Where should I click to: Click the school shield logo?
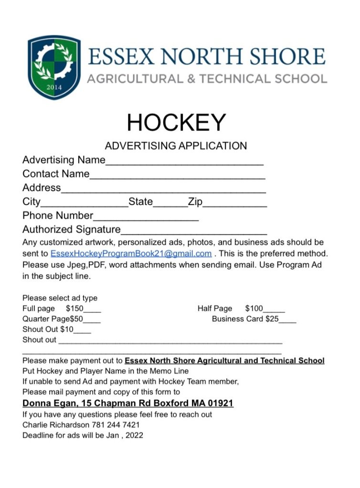pyautogui.click(x=54, y=67)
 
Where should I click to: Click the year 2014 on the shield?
pyautogui.click(x=54, y=87)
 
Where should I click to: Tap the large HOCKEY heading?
pyautogui.click(x=176, y=123)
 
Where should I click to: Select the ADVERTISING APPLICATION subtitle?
pyautogui.click(x=176, y=145)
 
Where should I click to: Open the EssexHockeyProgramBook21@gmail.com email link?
pyautogui.click(x=131, y=253)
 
